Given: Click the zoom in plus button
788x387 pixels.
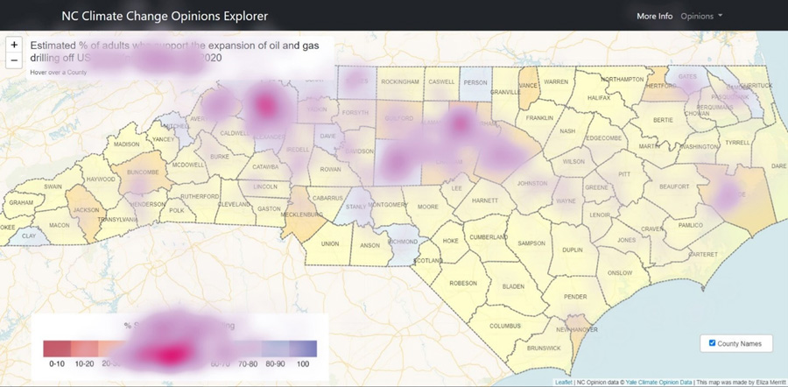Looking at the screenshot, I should pos(14,45).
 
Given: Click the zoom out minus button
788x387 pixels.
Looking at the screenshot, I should pos(14,60).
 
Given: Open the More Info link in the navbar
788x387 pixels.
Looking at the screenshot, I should pos(654,16).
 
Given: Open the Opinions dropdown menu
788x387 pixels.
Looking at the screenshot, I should pos(701,16).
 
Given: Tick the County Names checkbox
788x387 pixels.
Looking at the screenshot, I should pos(712,343).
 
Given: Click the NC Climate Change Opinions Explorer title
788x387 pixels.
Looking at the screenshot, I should pos(165,16).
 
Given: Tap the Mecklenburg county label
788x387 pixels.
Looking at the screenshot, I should pos(302,214).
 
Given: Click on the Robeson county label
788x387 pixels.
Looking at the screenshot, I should pos(463,283).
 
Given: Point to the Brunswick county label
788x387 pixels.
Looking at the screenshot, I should pos(545,348).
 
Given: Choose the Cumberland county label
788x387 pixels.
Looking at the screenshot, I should pos(489,236).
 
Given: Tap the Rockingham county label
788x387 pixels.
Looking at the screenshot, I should pos(400,81).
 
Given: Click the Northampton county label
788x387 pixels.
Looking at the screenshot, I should pos(623,79).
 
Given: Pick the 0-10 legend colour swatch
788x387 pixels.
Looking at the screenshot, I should pos(56,348).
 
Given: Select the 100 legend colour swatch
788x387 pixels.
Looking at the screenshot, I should pos(304,348).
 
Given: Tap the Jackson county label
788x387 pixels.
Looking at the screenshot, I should pos(85,210).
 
